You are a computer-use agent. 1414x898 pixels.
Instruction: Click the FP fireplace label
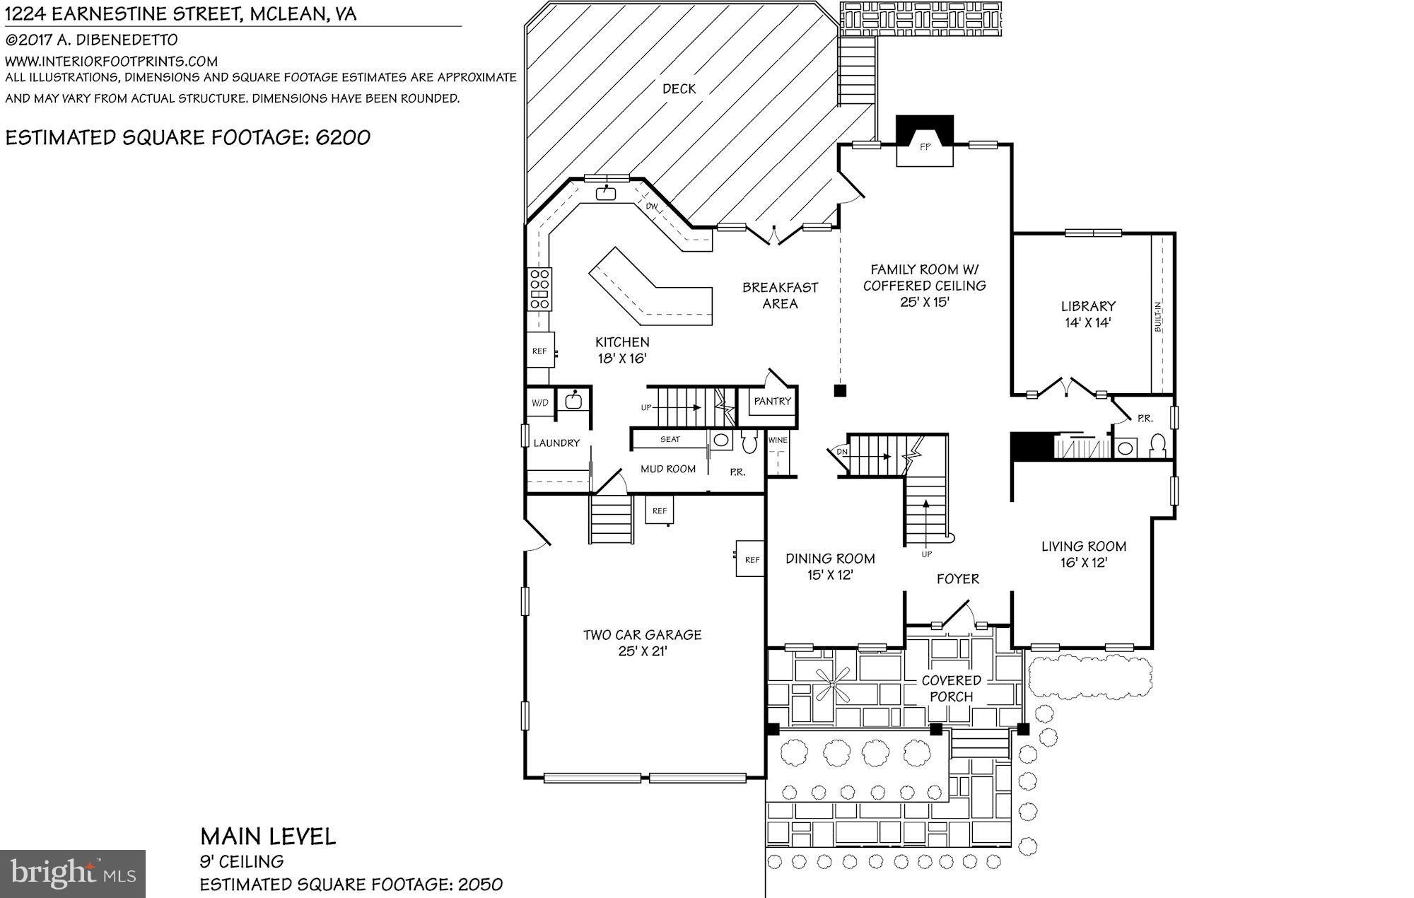point(925,148)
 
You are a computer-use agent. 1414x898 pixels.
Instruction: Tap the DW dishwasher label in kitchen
point(652,206)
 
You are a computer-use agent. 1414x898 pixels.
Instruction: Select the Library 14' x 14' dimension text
point(1088,323)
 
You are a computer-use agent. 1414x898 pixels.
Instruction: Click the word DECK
point(679,89)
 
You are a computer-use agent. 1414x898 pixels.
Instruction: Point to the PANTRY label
point(772,401)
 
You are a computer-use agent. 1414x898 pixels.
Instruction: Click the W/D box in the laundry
point(539,403)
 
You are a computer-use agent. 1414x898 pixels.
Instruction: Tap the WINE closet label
point(778,440)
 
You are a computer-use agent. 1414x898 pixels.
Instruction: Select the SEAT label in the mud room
point(670,439)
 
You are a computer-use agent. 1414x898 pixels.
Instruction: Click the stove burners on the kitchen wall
point(540,288)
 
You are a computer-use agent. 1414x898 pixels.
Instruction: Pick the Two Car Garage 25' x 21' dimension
point(643,651)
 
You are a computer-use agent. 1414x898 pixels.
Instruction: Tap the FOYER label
point(958,579)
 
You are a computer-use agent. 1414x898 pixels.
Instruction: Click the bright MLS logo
point(73,873)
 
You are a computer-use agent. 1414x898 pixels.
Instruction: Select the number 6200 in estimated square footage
point(343,137)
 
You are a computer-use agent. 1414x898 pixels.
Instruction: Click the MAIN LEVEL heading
point(268,837)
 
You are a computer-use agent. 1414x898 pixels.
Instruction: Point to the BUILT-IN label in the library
point(1158,317)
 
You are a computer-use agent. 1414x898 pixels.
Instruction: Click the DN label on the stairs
point(841,451)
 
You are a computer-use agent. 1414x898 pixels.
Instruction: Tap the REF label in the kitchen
point(539,351)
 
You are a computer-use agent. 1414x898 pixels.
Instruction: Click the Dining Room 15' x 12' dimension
point(830,575)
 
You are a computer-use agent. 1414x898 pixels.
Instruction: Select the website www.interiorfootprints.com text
point(111,62)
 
